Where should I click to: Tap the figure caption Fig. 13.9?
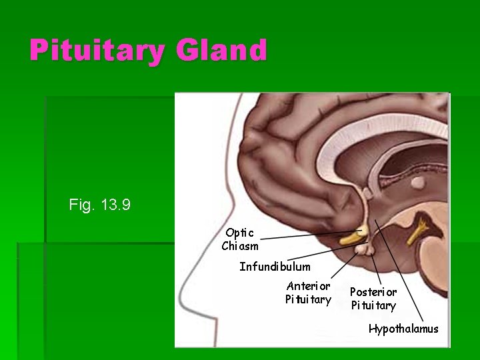(99, 205)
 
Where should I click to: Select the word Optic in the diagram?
(239, 233)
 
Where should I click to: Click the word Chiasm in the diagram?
(240, 246)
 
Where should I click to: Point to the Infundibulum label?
(275, 267)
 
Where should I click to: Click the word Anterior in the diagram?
(308, 286)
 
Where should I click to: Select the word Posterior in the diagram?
(373, 292)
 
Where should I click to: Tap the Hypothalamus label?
(403, 329)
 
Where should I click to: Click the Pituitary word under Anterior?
(308, 299)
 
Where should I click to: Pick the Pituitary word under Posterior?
(373, 305)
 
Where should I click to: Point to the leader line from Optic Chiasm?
(307, 235)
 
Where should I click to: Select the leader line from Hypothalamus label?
(400, 273)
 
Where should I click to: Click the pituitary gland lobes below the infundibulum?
(364, 250)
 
